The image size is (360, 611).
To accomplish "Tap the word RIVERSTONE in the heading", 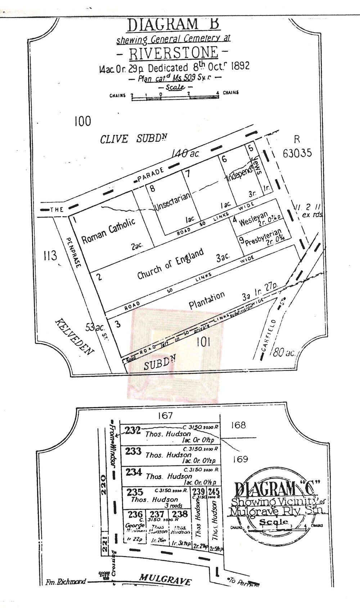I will tap(174, 53).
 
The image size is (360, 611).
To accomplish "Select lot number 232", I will tap(132, 430).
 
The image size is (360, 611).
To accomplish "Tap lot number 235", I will tap(135, 492).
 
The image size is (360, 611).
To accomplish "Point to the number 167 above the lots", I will tap(165, 416).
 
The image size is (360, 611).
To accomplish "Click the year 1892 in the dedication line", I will tap(238, 67).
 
